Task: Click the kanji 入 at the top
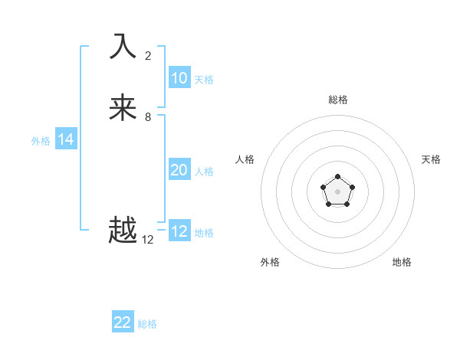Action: pos(123,46)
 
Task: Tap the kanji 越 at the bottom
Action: pos(123,231)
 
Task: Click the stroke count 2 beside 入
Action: pos(148,55)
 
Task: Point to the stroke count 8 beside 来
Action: pos(148,117)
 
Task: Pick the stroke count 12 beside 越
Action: pos(148,240)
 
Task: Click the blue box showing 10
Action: pos(179,78)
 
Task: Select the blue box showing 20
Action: pos(179,170)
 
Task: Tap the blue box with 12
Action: pos(179,231)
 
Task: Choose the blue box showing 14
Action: pos(66,139)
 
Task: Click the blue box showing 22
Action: pos(123,322)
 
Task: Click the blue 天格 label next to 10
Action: pos(204,80)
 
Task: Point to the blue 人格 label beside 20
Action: pos(205,172)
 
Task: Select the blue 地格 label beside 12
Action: pos(204,233)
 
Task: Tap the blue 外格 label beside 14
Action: pos(41,141)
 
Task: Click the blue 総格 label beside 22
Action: pos(147,324)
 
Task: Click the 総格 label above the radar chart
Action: pos(338,100)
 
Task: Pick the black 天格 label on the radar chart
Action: pos(432,159)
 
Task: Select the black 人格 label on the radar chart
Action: pos(245,159)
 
